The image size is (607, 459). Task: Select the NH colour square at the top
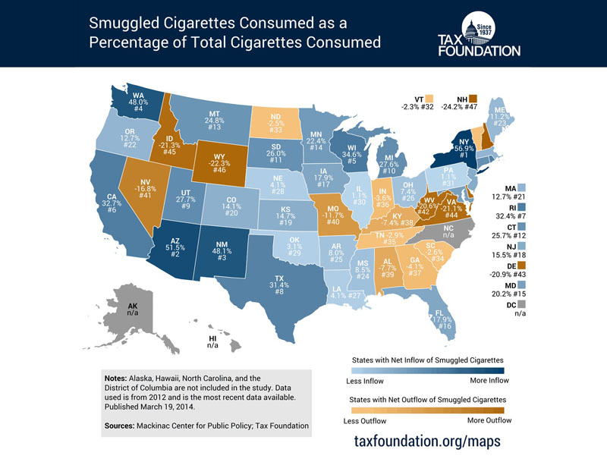click(x=472, y=99)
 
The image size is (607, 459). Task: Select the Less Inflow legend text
click(x=366, y=381)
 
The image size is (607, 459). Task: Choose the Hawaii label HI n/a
click(x=213, y=341)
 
